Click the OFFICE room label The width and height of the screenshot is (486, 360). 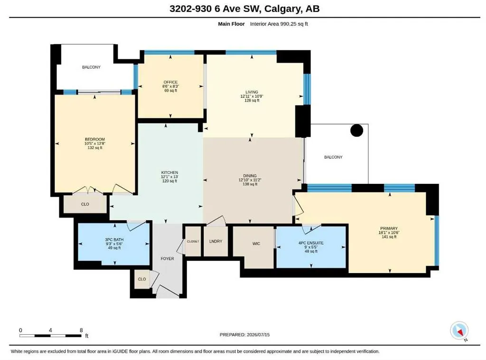point(171,82)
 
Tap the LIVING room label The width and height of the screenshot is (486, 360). point(252,92)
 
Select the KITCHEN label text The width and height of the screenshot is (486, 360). point(169,172)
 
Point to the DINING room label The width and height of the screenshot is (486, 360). point(250,176)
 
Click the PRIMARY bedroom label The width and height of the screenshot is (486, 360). point(389,228)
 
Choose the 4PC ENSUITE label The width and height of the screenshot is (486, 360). point(311,243)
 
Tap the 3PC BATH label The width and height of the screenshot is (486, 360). point(114,240)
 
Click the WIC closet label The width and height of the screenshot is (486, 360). point(256,244)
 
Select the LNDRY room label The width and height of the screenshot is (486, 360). point(216,241)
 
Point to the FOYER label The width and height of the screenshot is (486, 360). point(168,259)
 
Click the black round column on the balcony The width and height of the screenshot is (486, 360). point(357,131)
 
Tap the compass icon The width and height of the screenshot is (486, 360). point(459,331)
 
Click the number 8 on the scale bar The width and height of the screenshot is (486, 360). point(81,330)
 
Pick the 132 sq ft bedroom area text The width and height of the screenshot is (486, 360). point(95,148)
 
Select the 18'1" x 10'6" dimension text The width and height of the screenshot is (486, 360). point(389,233)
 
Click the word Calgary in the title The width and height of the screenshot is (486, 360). point(282,9)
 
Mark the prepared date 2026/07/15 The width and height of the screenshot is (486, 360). point(258,334)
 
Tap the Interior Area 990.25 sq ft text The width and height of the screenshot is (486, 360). point(279,24)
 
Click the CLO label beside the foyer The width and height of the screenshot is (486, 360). point(142,279)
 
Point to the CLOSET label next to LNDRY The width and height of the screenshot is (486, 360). point(193,241)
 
